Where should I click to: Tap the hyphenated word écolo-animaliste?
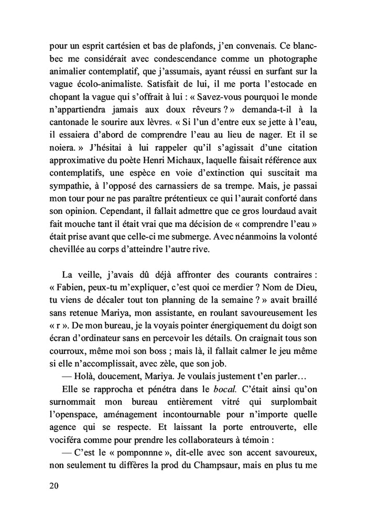(x=104, y=83)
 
